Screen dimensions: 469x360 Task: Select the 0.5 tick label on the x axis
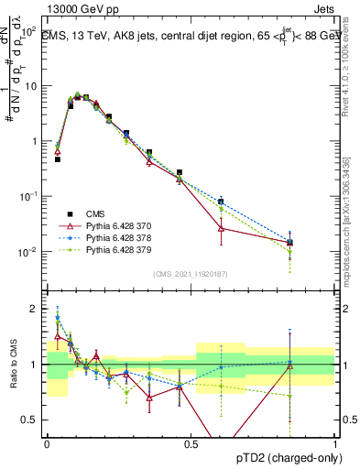pyautogui.click(x=191, y=443)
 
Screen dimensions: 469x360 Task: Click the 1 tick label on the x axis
pyautogui.click(x=335, y=443)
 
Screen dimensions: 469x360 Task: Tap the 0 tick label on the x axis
pyautogui.click(x=47, y=443)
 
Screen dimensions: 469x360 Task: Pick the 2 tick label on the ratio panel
pyautogui.click(x=37, y=309)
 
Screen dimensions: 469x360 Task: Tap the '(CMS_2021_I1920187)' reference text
pyautogui.click(x=191, y=274)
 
